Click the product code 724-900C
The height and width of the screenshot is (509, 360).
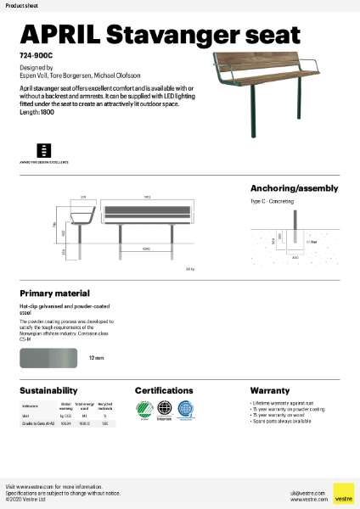click(37, 55)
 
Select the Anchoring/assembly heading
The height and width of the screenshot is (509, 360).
click(294, 188)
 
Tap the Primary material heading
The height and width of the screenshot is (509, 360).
click(55, 291)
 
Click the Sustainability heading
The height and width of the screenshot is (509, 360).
click(48, 390)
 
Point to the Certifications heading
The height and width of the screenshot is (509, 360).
click(170, 390)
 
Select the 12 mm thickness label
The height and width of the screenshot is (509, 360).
click(96, 359)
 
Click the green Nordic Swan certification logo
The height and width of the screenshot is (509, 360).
click(145, 411)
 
